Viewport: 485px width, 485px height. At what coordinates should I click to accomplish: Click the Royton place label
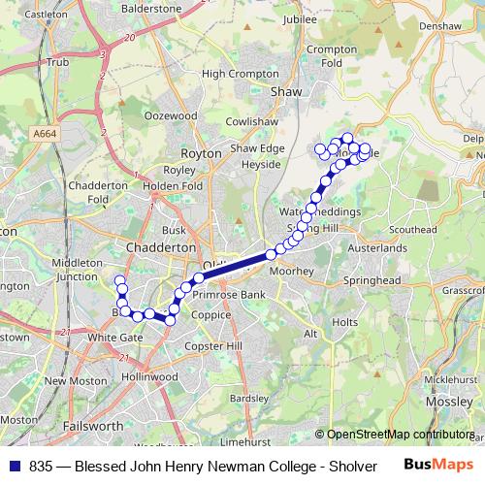[201, 153]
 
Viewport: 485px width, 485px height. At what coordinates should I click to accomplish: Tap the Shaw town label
[286, 91]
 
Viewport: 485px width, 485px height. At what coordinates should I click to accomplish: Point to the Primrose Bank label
[230, 294]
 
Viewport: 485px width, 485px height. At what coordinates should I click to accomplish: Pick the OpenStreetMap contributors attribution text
[400, 435]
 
